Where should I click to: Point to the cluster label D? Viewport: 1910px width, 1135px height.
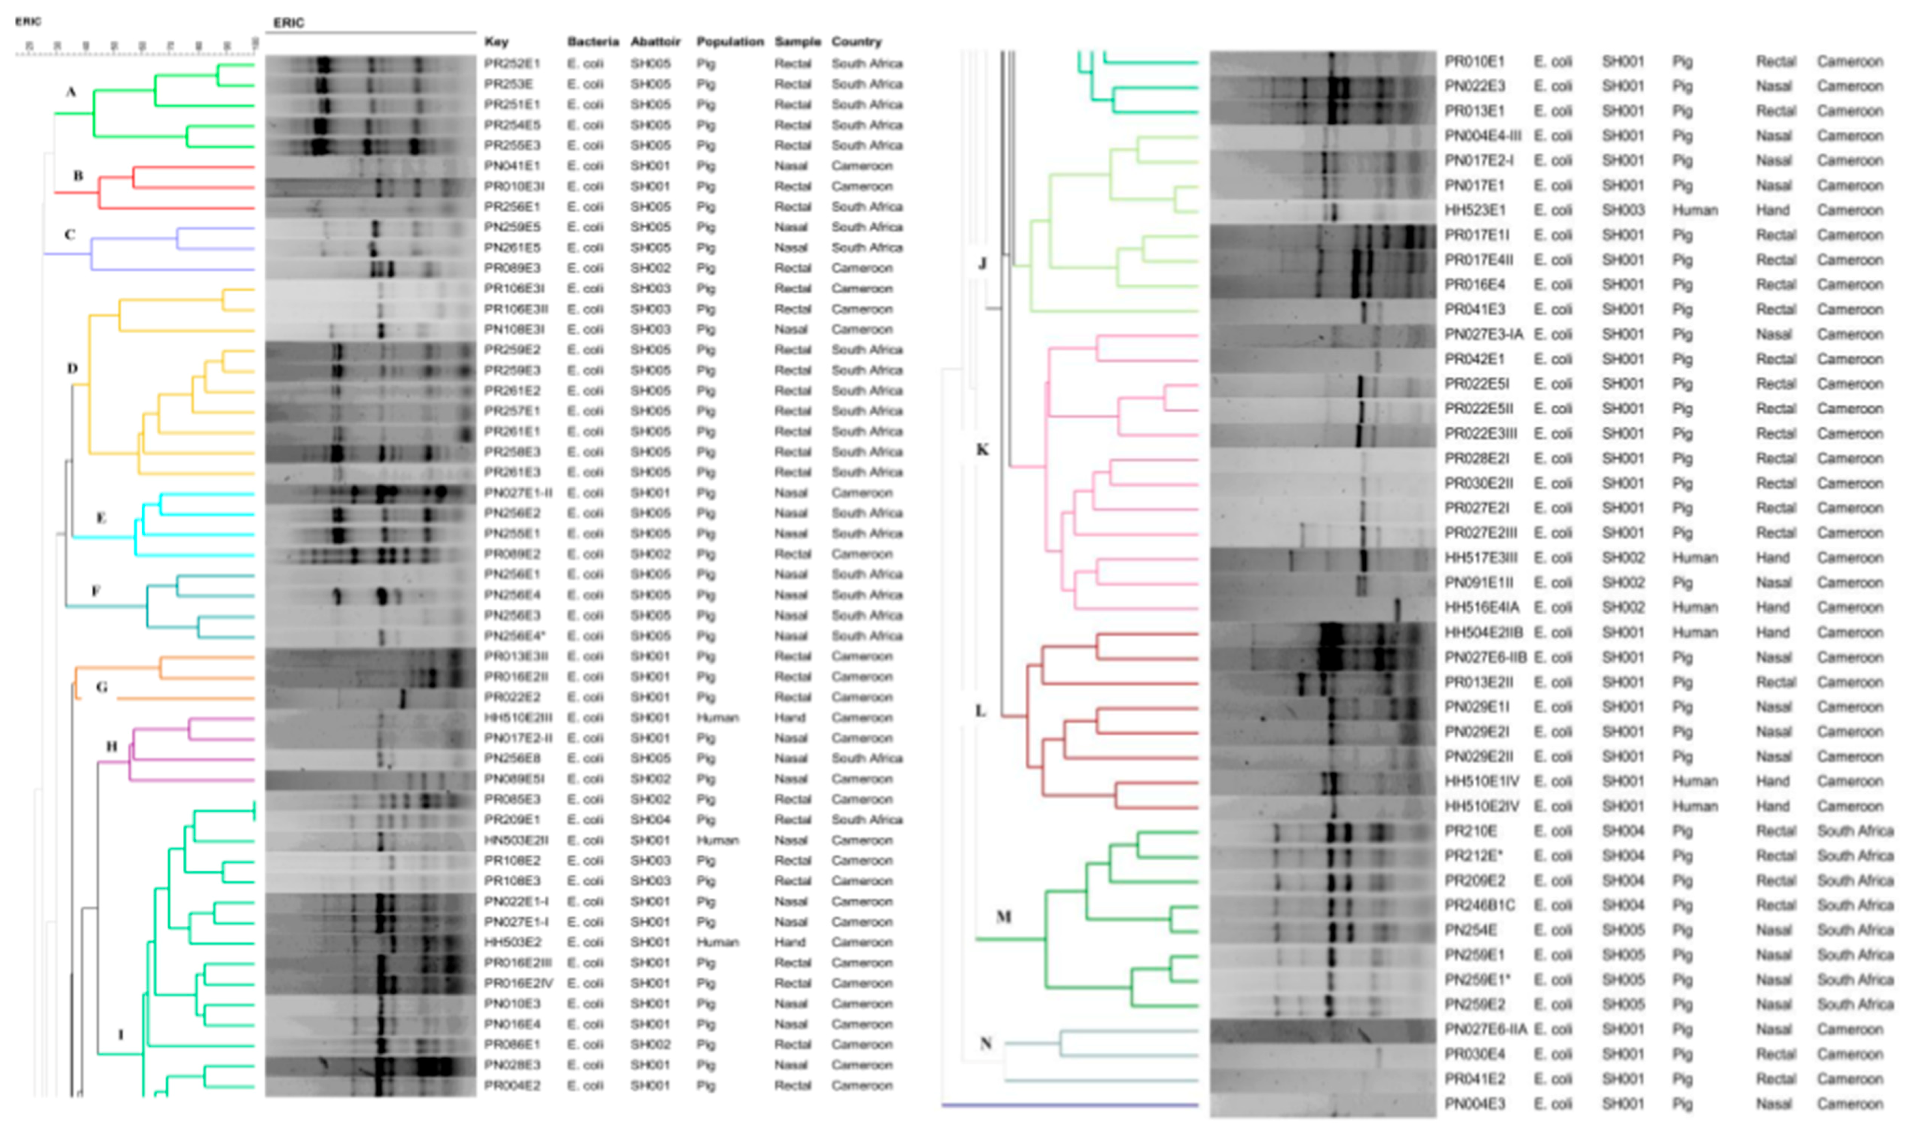[x=72, y=368]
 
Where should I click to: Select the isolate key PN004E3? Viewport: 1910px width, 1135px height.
[x=1475, y=1104]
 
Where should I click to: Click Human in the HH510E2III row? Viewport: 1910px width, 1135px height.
[x=717, y=718]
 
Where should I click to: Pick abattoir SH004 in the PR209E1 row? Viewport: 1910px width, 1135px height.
[x=650, y=819]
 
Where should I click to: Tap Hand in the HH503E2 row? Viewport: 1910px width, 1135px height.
[x=790, y=942]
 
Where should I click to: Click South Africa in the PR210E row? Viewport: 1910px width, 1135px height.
[x=1855, y=831]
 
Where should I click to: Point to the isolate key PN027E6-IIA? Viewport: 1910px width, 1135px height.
[x=1485, y=1029]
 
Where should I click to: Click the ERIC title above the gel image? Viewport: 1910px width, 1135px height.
[x=289, y=22]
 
